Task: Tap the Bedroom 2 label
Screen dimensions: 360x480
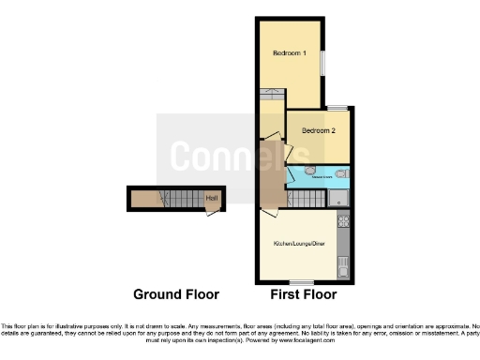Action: tap(318, 131)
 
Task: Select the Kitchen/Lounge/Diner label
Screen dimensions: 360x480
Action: tap(298, 244)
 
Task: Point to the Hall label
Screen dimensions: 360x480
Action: tap(211, 198)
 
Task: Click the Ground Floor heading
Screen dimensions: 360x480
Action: tap(176, 294)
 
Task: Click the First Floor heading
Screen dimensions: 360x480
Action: tap(303, 294)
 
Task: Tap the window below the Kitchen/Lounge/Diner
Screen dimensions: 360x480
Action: tap(300, 282)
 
